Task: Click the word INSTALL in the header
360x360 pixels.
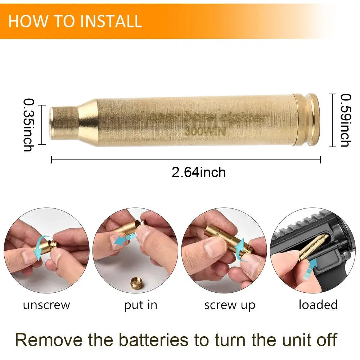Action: [x=110, y=21]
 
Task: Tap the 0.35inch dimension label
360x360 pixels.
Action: [x=29, y=125]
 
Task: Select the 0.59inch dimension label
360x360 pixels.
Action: [x=346, y=120]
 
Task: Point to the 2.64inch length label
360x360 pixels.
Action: [x=199, y=172]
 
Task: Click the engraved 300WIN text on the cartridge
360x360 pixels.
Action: [x=205, y=131]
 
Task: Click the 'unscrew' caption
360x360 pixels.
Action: [x=46, y=305]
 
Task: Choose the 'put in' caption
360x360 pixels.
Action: [x=140, y=305]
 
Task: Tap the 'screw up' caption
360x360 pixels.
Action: [x=230, y=305]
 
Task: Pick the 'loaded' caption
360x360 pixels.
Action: [x=318, y=305]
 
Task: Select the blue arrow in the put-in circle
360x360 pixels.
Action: [x=125, y=239]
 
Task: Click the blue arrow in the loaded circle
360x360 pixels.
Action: [x=310, y=269]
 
